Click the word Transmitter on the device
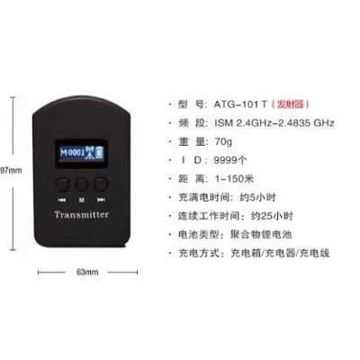click(81, 215)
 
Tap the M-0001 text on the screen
click(73, 152)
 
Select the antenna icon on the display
click(90, 153)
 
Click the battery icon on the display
click(100, 153)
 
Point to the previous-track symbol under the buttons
click(62, 200)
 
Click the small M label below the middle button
click(81, 200)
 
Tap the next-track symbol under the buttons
click(101, 200)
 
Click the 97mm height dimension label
click(11, 170)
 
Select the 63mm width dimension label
click(87, 272)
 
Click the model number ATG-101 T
click(240, 104)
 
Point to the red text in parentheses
click(290, 104)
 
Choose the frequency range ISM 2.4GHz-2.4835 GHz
click(274, 123)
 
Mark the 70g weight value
click(223, 141)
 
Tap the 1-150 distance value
click(229, 179)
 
